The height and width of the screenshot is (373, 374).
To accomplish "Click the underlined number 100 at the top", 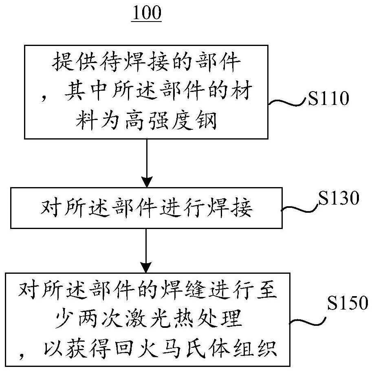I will (x=146, y=13).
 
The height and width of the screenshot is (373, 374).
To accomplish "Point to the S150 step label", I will (x=347, y=303).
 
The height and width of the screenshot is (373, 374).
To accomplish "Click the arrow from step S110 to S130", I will (x=146, y=163).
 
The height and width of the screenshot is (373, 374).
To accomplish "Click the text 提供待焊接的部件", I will (x=146, y=62).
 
